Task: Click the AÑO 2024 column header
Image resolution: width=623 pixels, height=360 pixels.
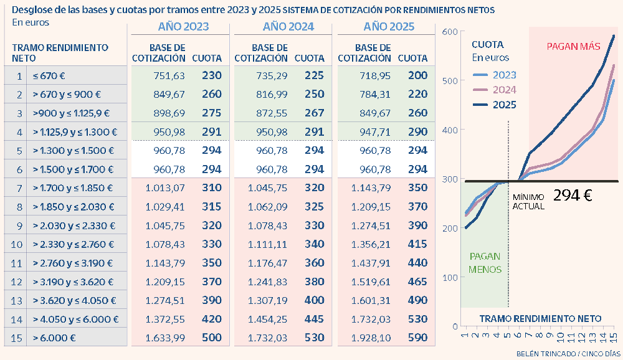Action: point(288,27)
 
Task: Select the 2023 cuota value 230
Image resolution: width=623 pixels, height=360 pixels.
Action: point(212,75)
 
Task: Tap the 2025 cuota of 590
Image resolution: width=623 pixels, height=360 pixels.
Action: point(418,338)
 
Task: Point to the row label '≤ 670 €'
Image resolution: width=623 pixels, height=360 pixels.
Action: point(49,75)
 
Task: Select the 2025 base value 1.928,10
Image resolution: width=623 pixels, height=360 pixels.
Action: point(372,338)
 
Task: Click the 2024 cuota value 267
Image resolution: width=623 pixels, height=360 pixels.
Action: point(315,113)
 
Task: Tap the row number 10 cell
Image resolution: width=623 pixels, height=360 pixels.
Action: point(19,244)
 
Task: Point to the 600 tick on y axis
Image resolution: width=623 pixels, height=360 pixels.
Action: point(450,32)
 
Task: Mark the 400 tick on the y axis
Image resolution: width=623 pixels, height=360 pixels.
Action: point(450,130)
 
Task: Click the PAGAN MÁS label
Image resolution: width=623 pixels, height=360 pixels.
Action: point(573,46)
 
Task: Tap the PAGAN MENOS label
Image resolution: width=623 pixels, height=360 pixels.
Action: point(485,263)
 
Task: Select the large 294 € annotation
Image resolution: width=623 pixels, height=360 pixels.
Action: point(573,194)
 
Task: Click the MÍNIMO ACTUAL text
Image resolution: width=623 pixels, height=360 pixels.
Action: point(528,201)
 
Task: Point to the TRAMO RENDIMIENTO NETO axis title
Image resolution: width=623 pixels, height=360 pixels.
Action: point(540,318)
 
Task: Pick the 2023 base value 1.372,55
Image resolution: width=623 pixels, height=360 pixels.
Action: point(164,319)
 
